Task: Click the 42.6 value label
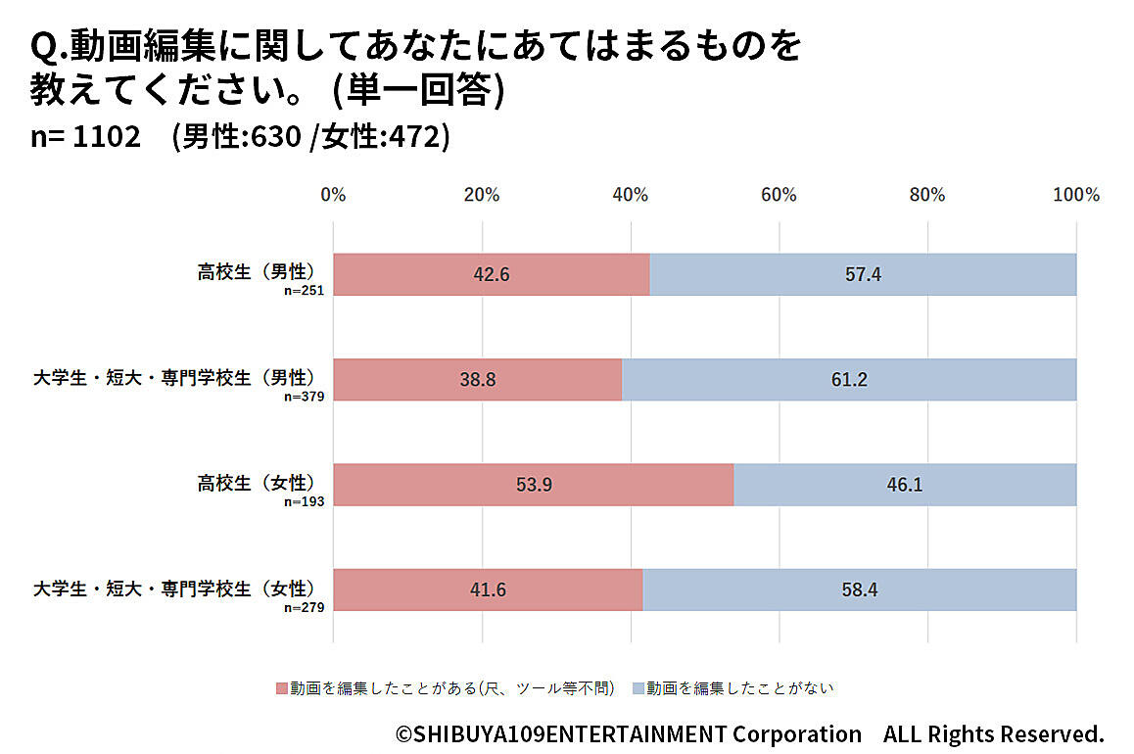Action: [x=492, y=275]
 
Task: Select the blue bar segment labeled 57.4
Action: [x=863, y=275]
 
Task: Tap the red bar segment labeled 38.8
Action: [x=478, y=380]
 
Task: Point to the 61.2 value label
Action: [x=849, y=380]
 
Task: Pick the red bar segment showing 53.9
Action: [x=534, y=485]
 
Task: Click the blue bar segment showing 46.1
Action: [x=905, y=485]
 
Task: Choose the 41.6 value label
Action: [x=488, y=589]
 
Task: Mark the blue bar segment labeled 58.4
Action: [x=859, y=589]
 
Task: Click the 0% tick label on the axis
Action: [x=333, y=194]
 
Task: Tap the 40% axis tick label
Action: [x=631, y=194]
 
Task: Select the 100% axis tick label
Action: [x=1075, y=194]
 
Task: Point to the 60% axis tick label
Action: [x=779, y=194]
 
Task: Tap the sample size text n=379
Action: [x=304, y=397]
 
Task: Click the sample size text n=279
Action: [x=304, y=607]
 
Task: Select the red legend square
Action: [x=283, y=688]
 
